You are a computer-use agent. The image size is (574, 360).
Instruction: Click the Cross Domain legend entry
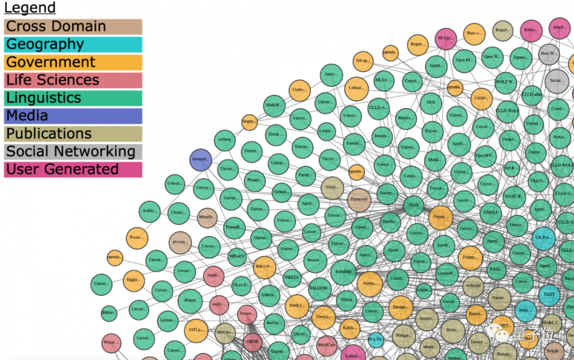point(73,26)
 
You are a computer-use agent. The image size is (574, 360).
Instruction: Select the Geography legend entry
point(73,44)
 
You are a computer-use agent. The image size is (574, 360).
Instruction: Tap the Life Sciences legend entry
point(73,80)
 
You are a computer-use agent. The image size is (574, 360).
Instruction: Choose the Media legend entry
point(73,115)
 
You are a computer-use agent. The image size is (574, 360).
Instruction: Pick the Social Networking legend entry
point(73,152)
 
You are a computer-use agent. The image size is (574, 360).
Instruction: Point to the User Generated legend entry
point(73,169)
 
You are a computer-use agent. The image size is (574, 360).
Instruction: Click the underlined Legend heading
point(30,8)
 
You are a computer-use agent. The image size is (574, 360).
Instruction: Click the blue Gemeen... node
point(200,159)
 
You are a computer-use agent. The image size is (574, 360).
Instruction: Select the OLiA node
point(413,204)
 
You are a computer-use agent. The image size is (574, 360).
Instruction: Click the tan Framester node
point(359,199)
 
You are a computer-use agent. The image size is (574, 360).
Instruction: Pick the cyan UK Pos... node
point(543,238)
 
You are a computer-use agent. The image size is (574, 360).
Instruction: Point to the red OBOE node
point(253,341)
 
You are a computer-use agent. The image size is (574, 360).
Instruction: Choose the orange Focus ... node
point(136,237)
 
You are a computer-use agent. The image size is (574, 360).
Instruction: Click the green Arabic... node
point(150,211)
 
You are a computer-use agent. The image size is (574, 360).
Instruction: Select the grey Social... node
point(556,80)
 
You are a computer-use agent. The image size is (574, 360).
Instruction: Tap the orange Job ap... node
point(363,60)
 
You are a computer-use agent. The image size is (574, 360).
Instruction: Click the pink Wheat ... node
point(111,343)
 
